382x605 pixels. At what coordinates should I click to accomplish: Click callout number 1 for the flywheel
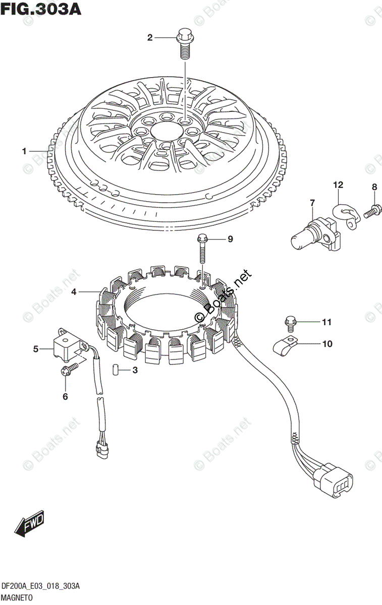point(23,151)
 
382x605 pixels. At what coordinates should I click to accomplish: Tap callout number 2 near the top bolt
point(150,37)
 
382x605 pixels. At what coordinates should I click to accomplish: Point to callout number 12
point(338,185)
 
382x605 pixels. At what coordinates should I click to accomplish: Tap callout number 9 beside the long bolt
point(230,239)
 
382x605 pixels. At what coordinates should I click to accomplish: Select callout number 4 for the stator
point(74,291)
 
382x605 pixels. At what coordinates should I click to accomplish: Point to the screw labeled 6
point(67,371)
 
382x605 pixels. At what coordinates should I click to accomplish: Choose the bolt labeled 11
point(290,321)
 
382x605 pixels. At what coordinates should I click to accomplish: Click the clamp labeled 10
point(285,345)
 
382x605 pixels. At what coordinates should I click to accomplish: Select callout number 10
point(327,344)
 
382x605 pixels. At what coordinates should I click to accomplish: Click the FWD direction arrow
point(30,523)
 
